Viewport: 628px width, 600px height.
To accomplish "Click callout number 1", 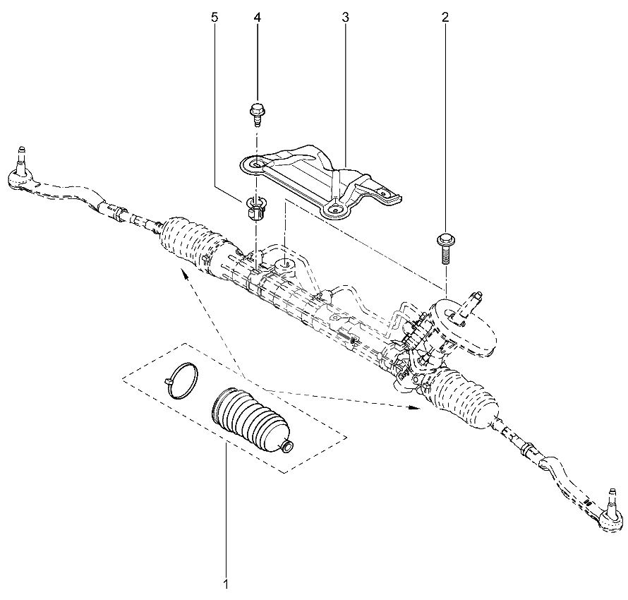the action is click(x=226, y=584).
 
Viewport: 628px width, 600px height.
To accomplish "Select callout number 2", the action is click(x=445, y=17).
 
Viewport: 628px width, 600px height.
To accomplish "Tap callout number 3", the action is click(x=345, y=17).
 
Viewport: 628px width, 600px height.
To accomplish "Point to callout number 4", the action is click(x=257, y=17).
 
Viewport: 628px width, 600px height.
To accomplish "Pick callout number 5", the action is click(x=215, y=17).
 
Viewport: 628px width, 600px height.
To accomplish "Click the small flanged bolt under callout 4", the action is click(x=256, y=114).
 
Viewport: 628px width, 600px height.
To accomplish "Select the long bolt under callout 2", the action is click(x=444, y=248).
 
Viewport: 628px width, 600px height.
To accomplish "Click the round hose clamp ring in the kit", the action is click(x=181, y=380).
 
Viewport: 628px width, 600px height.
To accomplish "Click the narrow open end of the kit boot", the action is click(x=286, y=447).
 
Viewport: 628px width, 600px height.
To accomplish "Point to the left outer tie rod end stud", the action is click(x=22, y=157).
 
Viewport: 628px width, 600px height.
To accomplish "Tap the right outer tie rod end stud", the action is click(x=612, y=500).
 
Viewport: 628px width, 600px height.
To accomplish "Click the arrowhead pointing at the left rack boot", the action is click(x=185, y=274).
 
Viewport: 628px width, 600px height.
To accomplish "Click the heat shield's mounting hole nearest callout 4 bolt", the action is click(x=258, y=164).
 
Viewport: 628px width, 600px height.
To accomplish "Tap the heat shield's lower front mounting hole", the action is click(x=334, y=208).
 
